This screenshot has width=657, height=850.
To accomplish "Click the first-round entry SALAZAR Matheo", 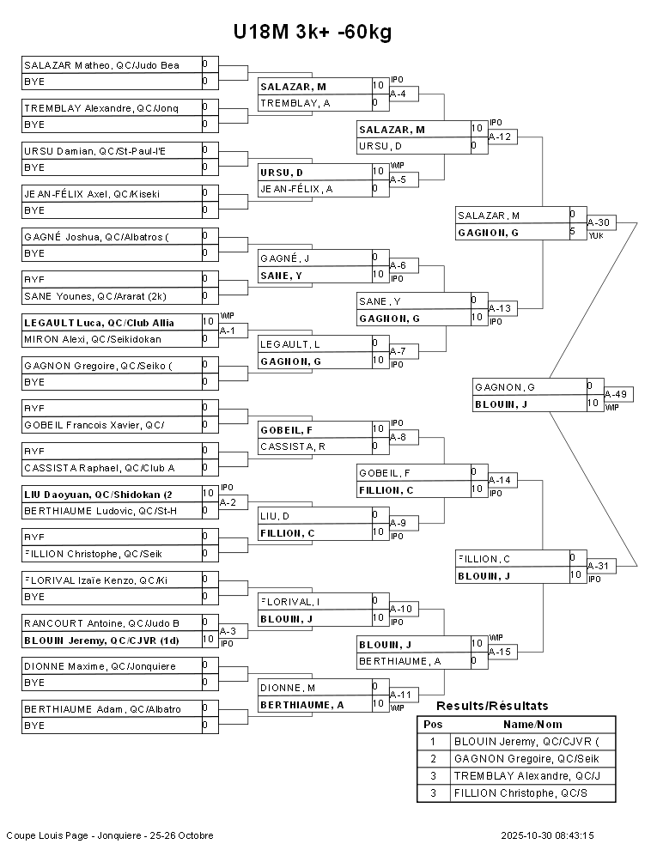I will [101, 64].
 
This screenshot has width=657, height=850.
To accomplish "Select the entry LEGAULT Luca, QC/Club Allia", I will [99, 322].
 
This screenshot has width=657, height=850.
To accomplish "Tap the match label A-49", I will [617, 394].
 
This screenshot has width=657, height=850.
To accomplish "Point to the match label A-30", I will [599, 222].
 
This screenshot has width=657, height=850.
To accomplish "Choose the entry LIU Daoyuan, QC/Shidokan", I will [98, 494].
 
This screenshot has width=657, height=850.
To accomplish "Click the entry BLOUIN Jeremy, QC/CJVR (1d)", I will [101, 640].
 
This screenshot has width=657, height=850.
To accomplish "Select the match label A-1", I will [228, 330].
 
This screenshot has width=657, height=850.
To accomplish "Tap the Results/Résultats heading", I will [492, 706].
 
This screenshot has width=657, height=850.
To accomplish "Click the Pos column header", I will [433, 724].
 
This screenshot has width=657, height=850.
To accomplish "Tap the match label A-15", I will [500, 652].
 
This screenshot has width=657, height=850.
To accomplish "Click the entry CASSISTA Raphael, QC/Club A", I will [100, 468].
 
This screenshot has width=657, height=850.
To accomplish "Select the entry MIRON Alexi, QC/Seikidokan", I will [93, 339].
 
